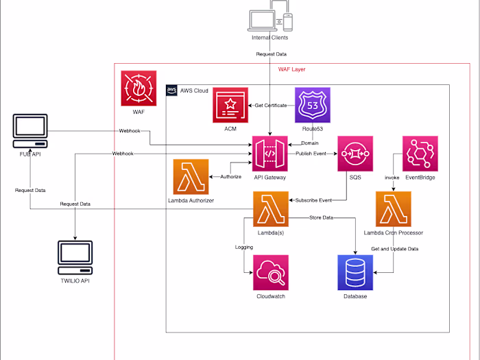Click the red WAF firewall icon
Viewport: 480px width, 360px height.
[x=139, y=88]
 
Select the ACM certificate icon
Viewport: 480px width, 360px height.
[x=230, y=105]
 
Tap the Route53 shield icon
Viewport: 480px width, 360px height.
[x=313, y=105]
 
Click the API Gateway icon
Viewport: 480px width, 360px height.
[x=269, y=154]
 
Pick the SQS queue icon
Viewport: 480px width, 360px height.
[x=355, y=154]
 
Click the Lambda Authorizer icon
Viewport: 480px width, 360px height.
[x=191, y=176]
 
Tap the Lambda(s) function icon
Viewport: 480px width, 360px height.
[x=271, y=208]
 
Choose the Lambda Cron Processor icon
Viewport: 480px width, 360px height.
[x=393, y=208]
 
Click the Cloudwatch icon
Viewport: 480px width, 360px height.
[x=271, y=272]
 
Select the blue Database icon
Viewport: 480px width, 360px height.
[x=355, y=272]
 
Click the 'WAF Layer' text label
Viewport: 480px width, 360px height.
[x=291, y=69]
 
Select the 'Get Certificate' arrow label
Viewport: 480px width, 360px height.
[x=272, y=105]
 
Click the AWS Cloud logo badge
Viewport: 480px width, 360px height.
[x=171, y=91]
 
